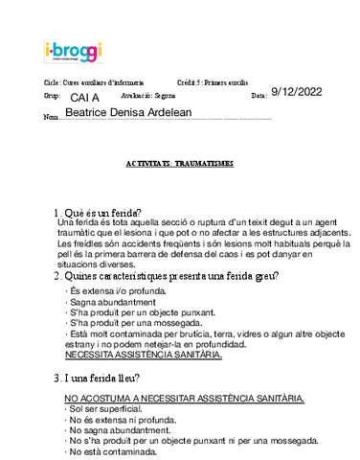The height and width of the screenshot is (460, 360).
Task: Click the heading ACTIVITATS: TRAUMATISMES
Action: pyautogui.click(x=179, y=164)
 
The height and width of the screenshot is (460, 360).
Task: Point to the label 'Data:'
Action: pyautogui.click(x=259, y=98)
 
